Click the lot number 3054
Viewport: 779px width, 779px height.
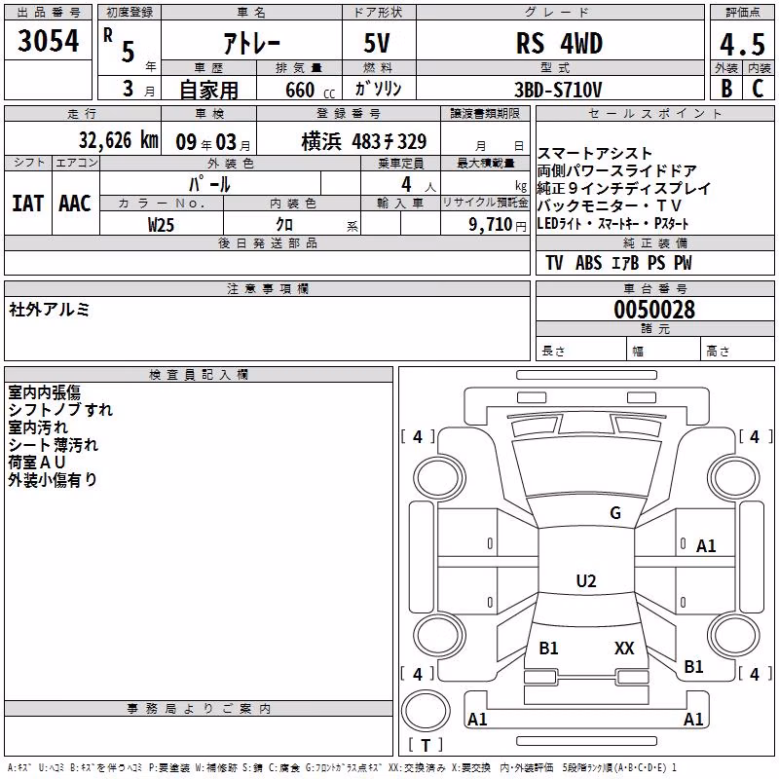48,41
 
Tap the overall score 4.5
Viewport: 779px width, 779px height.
742,44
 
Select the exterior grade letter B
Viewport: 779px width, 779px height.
726,89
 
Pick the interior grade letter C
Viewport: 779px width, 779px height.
758,89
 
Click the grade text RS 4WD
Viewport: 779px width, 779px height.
559,43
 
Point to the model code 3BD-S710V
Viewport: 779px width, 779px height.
558,90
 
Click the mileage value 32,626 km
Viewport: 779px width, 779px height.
118,140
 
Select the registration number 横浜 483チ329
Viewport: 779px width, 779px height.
363,142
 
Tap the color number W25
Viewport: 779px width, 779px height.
161,225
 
